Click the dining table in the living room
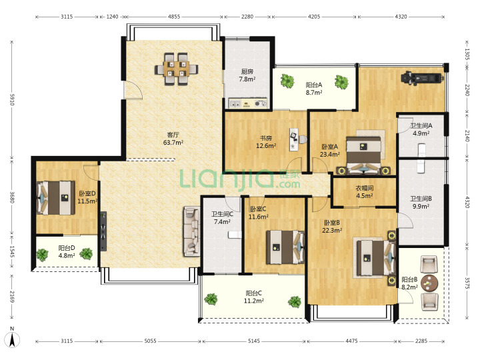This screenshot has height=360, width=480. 176,69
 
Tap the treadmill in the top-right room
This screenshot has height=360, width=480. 423,77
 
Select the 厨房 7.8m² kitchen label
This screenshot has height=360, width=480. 247,75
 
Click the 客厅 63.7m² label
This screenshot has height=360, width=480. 173,139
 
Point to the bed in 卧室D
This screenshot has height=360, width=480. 56,198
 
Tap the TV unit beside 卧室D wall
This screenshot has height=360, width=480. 103,231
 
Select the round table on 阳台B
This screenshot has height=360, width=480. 429,283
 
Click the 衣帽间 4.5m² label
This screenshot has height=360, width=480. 364,192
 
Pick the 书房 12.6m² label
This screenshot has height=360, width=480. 266,142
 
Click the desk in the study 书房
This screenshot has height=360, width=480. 294,139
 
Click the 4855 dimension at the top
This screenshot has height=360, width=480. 174,17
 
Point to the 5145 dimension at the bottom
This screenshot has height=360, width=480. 254,341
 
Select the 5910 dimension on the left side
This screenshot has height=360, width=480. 12,99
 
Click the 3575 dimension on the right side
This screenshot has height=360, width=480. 467,283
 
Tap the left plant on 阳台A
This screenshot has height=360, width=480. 287,81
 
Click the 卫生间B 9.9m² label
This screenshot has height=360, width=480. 421,203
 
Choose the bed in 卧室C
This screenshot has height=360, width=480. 285,247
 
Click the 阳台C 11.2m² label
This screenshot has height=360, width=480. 254,297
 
